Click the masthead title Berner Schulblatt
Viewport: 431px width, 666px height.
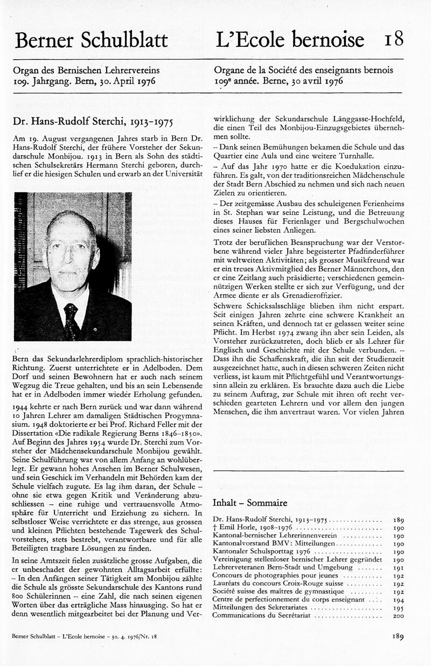(92, 40)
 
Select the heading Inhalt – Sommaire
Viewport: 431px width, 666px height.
(250, 503)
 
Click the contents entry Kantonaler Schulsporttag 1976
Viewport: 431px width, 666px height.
(261, 552)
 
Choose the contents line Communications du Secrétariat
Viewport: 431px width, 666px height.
(262, 615)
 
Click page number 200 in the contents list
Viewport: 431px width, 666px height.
(398, 615)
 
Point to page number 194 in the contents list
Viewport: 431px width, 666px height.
(398, 600)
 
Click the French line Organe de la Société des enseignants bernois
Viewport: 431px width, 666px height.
(303, 70)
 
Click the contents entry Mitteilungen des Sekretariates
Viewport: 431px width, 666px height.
(261, 607)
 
